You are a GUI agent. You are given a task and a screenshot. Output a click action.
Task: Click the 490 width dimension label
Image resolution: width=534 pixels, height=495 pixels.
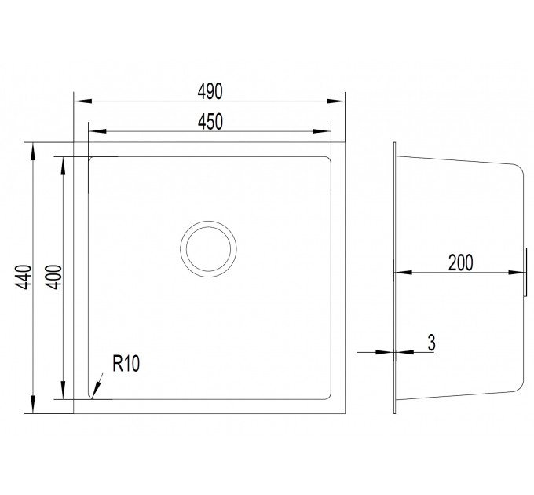(x=210, y=91)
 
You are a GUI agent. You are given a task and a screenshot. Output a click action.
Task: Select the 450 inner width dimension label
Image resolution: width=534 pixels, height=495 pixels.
(x=210, y=122)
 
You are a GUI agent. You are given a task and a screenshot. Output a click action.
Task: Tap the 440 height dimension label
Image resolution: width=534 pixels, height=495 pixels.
(x=24, y=277)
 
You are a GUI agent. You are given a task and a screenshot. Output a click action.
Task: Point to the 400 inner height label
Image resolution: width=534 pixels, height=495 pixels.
(x=54, y=277)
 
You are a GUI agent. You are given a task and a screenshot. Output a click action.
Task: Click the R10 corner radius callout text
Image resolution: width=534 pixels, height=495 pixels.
(x=126, y=363)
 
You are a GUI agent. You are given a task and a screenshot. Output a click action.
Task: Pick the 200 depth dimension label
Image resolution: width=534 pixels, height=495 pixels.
(x=460, y=262)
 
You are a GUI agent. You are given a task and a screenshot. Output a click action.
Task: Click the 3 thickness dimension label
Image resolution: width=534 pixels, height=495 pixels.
(x=431, y=343)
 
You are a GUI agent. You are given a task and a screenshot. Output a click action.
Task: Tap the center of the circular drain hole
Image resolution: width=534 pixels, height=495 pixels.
(x=208, y=249)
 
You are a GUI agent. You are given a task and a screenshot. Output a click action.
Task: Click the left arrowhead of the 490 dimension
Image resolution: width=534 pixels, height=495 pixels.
(x=82, y=101)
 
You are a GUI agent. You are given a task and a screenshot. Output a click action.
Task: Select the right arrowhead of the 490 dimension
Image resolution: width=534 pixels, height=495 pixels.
(x=336, y=101)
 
